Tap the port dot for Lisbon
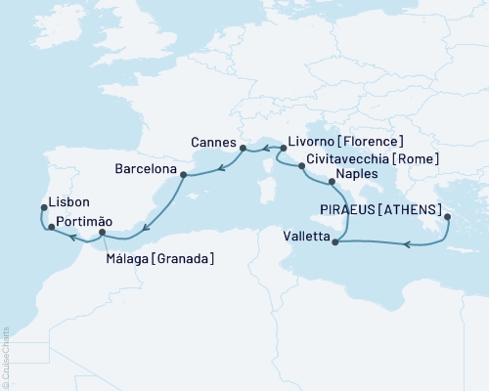[x=44, y=206]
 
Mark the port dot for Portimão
[x=51, y=227]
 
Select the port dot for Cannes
[x=242, y=148]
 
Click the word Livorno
[x=310, y=142]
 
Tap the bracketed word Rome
[x=422, y=159]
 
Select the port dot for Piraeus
[x=446, y=217]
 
